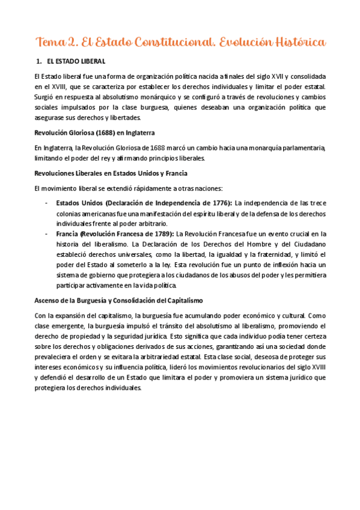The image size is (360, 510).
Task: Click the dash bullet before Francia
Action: point(47,233)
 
